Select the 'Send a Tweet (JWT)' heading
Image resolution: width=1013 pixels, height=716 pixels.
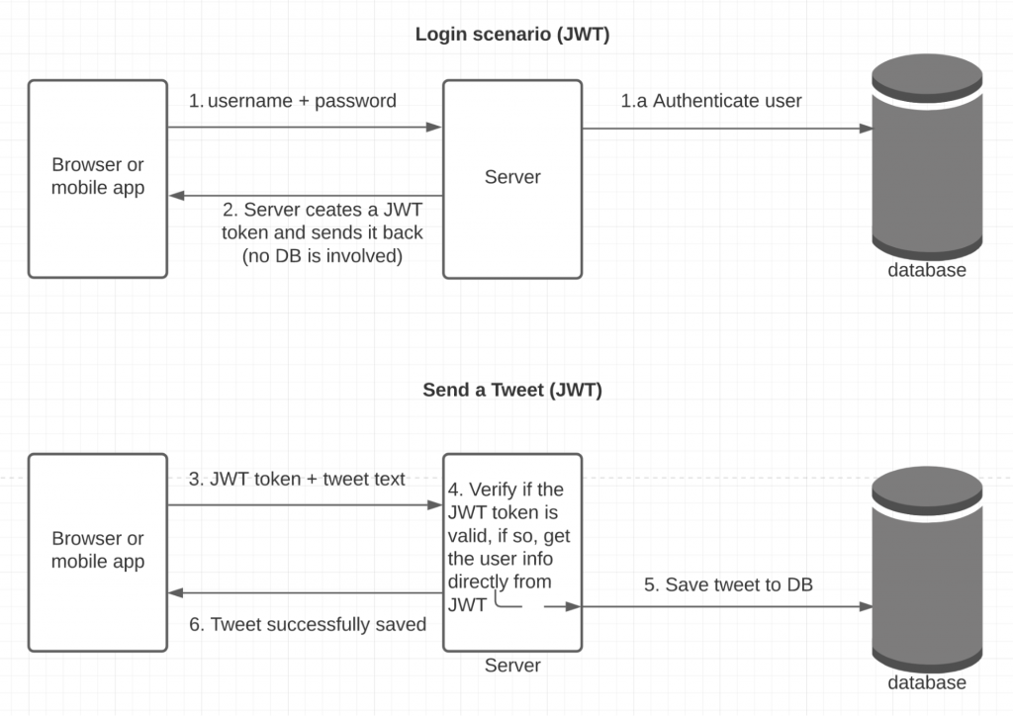point(511,390)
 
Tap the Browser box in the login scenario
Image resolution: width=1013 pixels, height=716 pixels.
point(98,178)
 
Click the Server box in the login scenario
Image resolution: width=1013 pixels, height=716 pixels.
point(511,178)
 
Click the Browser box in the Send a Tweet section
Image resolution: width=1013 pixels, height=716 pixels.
point(98,551)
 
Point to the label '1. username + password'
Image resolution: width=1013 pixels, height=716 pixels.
point(293,101)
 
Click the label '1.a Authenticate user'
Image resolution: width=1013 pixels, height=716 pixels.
point(711,101)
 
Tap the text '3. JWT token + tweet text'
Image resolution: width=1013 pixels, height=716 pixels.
point(297,479)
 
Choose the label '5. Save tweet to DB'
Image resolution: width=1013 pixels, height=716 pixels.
point(728,585)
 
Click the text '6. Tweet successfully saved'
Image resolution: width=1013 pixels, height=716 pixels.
point(308,624)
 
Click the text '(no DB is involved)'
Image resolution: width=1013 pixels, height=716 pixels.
point(322,256)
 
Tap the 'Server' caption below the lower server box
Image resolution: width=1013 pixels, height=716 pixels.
point(511,666)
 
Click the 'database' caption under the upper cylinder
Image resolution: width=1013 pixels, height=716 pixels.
point(926,270)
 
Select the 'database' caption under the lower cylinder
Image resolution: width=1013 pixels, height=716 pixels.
point(926,682)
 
